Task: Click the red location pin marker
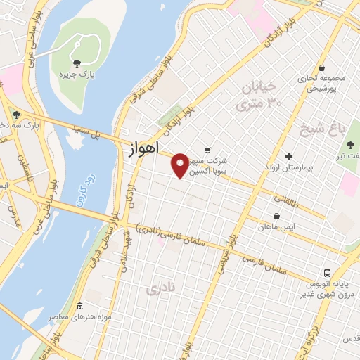click(x=181, y=165)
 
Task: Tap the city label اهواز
click(x=143, y=150)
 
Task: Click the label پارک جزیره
click(x=77, y=74)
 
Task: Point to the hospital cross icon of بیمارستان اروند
click(x=288, y=156)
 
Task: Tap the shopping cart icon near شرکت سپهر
click(x=207, y=150)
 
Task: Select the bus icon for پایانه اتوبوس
click(x=327, y=273)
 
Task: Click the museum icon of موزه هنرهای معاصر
click(x=79, y=307)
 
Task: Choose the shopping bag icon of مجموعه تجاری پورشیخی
click(x=321, y=67)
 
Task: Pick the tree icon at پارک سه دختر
click(x=15, y=115)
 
